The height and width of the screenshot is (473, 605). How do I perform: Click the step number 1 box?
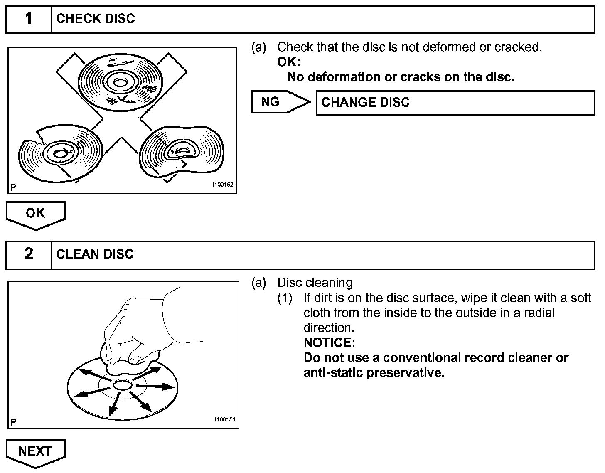[28, 19]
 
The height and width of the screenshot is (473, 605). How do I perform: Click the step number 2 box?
[28, 254]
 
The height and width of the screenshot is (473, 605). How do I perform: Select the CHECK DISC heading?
[96, 19]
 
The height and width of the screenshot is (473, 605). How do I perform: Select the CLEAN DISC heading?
[95, 254]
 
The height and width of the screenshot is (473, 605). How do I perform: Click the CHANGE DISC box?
[455, 103]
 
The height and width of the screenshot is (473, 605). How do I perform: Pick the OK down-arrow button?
[35, 214]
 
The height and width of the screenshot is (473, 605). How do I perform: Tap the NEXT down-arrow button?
[35, 452]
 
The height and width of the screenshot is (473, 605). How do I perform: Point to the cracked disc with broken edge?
[61, 154]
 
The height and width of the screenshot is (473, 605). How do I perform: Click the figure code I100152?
[223, 185]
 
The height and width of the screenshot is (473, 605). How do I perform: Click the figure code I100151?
[224, 420]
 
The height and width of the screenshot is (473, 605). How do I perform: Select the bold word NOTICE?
[330, 343]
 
